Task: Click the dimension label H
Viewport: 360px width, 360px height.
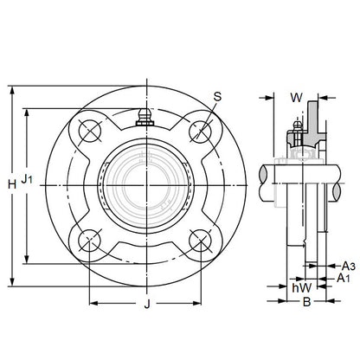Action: click(x=11, y=184)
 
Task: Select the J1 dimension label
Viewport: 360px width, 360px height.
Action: click(x=28, y=180)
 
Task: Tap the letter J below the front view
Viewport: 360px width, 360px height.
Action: click(x=147, y=304)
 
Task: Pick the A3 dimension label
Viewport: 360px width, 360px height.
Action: click(x=348, y=266)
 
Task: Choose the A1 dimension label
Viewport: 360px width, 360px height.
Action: click(x=343, y=280)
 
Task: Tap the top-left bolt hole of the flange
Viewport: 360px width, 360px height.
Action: click(x=91, y=130)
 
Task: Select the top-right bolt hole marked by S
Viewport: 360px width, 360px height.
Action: click(x=201, y=130)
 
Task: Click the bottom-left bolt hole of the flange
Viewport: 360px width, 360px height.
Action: click(x=91, y=241)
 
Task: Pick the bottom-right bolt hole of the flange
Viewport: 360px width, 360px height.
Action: click(x=201, y=241)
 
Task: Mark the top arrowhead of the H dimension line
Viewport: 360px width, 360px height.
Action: click(x=11, y=89)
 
